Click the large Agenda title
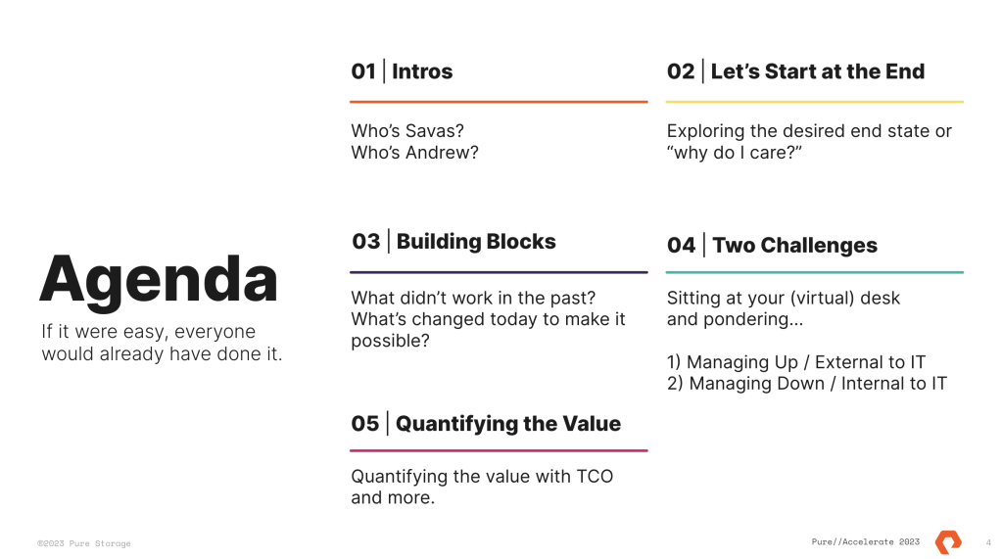pos(159,282)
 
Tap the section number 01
pos(363,71)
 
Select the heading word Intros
pos(422,71)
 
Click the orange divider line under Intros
pos(499,102)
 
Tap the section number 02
pos(681,71)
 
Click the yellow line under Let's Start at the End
pos(815,102)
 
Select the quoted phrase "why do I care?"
pos(735,153)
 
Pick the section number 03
pos(366,242)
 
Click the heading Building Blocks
pos(476,242)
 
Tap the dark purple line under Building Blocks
pos(499,272)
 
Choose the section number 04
pos(681,246)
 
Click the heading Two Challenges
pos(795,246)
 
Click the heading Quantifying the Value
pos(508,424)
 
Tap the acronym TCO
pos(595,477)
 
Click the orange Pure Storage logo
pos(948,541)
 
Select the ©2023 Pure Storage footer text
pos(83,543)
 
